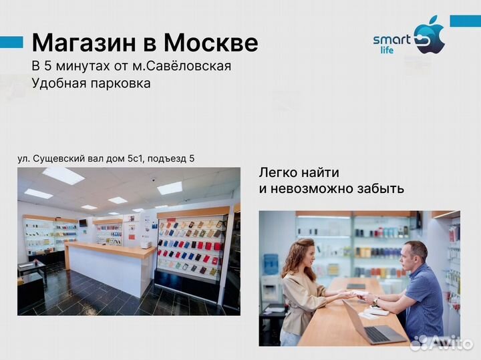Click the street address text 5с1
coord(133,158)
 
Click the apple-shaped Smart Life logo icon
coord(429,37)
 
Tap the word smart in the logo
coord(392,39)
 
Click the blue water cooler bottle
coord(270,263)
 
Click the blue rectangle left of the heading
coord(11,42)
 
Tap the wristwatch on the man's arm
coord(375,302)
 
